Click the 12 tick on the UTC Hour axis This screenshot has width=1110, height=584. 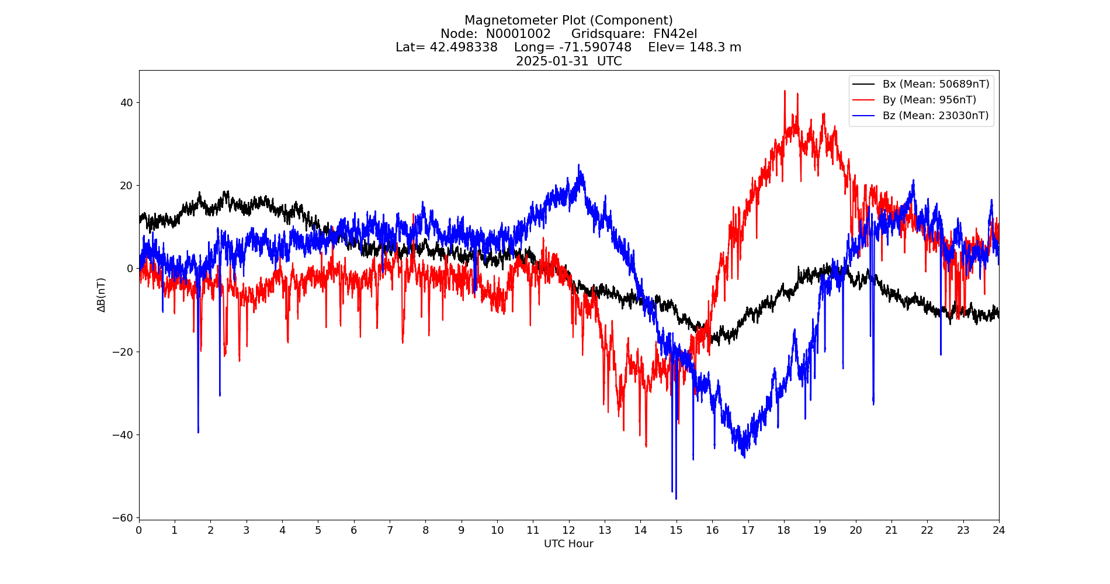(x=568, y=530)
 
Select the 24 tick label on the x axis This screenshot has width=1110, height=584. (x=998, y=530)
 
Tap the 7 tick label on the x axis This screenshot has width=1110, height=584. (x=390, y=530)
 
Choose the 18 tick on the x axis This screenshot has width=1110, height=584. (x=783, y=530)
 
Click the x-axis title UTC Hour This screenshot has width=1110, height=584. (x=568, y=544)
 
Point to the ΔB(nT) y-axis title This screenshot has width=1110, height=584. (x=102, y=295)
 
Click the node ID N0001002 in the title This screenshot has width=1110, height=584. (x=518, y=34)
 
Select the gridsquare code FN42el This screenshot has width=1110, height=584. (x=675, y=34)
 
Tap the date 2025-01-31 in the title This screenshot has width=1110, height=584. (x=552, y=61)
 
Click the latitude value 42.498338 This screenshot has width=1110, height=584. (x=463, y=47)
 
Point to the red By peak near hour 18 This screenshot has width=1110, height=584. (x=785, y=91)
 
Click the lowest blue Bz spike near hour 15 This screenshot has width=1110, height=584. (x=676, y=498)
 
